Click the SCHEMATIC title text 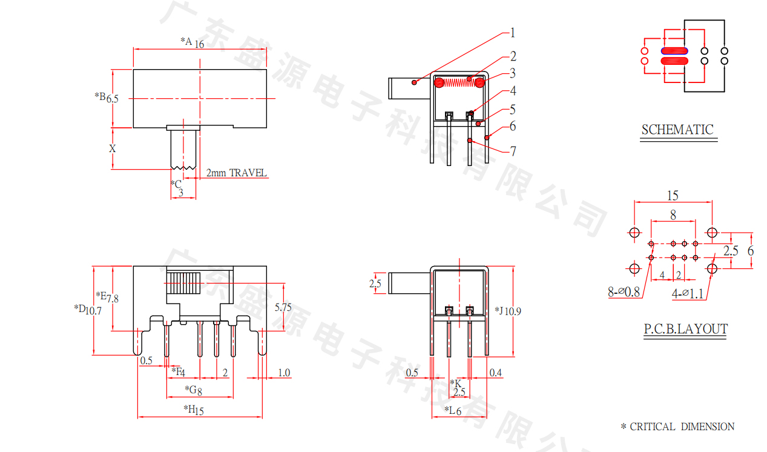pos(677,130)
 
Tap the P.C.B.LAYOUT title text pos(685,330)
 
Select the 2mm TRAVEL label pos(237,173)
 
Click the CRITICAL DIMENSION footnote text pos(677,427)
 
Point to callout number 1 pos(512,33)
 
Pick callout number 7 pos(513,151)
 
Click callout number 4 pos(513,91)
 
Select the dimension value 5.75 pos(283,307)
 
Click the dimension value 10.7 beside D pos(93,311)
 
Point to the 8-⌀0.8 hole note pos(624,292)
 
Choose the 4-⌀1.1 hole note pos(687,294)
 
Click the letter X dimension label pos(113,148)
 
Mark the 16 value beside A pos(199,44)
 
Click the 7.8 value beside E pos(113,298)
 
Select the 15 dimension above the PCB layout pos(673,196)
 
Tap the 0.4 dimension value pos(495,373)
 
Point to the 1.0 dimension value pos(283,373)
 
